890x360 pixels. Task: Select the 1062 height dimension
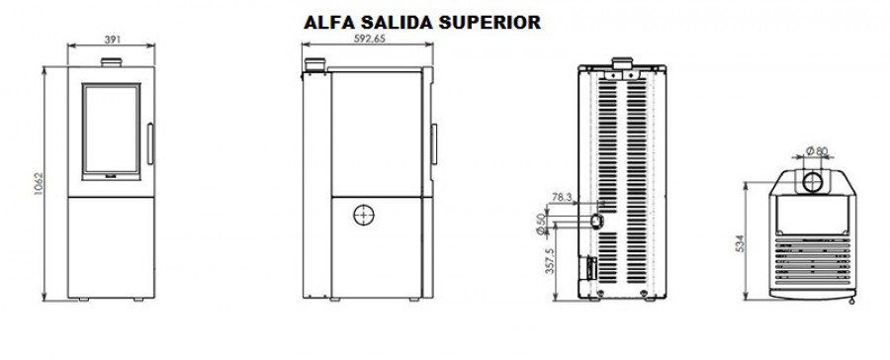[39, 183]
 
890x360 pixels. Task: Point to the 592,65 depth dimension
[367, 40]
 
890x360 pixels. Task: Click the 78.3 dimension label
[563, 198]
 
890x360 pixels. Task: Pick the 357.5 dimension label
[550, 261]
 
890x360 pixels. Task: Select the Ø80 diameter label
[817, 151]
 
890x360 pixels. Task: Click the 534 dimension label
[740, 243]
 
